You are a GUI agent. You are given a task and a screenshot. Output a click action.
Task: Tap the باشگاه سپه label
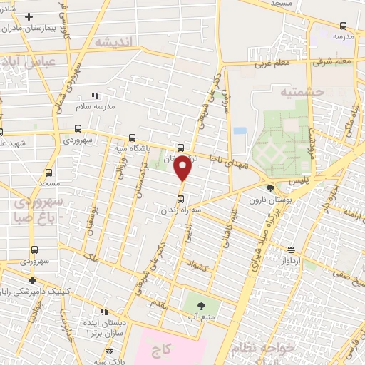132,149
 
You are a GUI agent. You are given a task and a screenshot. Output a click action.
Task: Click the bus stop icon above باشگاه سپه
132,138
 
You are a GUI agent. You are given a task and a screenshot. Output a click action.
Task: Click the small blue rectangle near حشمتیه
240,131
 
